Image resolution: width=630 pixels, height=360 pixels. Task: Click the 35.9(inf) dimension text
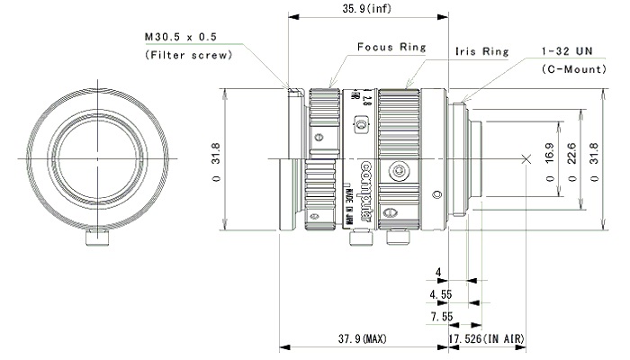(367, 10)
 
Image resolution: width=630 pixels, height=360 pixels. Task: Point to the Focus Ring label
(391, 47)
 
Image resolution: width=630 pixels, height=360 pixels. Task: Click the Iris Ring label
(481, 52)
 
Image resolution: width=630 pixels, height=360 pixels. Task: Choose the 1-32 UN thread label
(566, 53)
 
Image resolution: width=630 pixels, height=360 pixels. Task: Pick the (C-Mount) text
(571, 69)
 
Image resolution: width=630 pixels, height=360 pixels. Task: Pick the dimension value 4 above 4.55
(438, 272)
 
